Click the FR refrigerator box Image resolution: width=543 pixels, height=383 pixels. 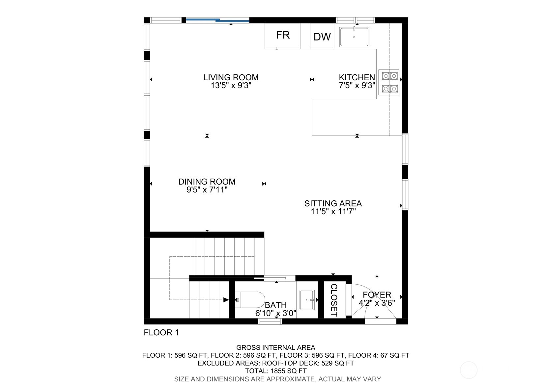[283, 36]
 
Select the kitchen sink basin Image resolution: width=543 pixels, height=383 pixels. [354, 37]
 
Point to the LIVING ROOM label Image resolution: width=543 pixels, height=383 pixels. [231, 77]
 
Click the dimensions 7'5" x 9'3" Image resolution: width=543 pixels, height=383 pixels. [357, 86]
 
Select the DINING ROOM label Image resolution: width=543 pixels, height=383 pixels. [207, 182]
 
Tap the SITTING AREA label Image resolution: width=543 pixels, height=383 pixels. [333, 203]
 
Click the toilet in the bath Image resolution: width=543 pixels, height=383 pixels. [250, 300]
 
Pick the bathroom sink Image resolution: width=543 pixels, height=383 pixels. [307, 300]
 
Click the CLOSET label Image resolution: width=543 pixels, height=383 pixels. [334, 300]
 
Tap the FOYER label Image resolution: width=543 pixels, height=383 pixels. [377, 294]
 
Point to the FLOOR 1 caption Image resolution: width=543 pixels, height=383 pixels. [161, 332]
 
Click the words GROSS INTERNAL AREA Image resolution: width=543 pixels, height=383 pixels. [275, 347]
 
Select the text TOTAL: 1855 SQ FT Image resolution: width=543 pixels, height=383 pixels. [275, 371]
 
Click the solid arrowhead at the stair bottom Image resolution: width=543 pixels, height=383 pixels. [226, 300]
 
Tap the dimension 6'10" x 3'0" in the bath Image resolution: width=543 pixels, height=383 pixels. [276, 313]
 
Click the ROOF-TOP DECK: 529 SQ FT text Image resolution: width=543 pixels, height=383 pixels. [308, 363]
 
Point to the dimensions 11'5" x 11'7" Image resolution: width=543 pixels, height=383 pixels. [333, 212]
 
